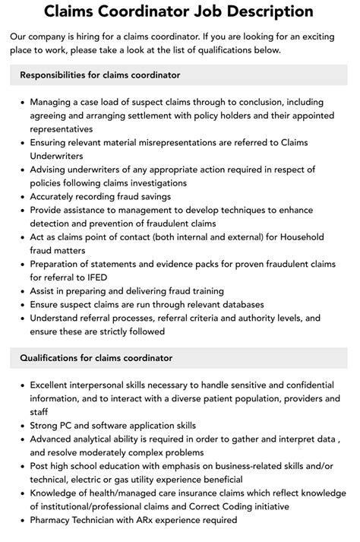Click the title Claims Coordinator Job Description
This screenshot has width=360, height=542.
tap(179, 11)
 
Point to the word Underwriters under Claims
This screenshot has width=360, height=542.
tap(61, 155)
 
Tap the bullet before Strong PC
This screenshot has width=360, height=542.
tap(21, 426)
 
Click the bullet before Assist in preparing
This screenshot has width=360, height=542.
tap(21, 290)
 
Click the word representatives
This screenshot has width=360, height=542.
tap(66, 128)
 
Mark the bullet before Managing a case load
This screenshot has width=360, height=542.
tap(21, 102)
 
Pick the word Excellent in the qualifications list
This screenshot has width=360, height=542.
tap(55, 385)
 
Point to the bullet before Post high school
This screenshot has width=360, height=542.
tap(21, 466)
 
